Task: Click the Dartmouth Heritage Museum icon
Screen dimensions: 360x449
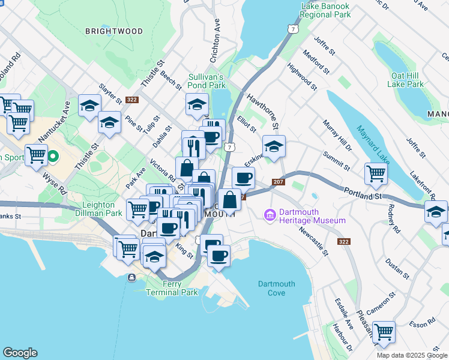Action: (270, 214)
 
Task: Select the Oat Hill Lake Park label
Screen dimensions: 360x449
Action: (406, 80)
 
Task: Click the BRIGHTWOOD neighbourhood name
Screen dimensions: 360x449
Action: (114, 31)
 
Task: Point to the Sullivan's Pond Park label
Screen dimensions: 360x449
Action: (206, 81)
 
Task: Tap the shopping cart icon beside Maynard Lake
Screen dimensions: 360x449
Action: (376, 173)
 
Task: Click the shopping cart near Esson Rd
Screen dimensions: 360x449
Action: (384, 331)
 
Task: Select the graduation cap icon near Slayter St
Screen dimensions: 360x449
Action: (89, 106)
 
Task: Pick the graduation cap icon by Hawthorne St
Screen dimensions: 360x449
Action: (274, 146)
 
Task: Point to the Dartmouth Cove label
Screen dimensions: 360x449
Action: (276, 288)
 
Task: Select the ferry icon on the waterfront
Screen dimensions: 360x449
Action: (131, 277)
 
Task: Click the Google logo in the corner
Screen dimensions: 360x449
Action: (20, 353)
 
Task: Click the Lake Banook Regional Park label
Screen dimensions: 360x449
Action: (325, 10)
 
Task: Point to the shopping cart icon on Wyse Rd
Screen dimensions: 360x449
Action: (36, 155)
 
